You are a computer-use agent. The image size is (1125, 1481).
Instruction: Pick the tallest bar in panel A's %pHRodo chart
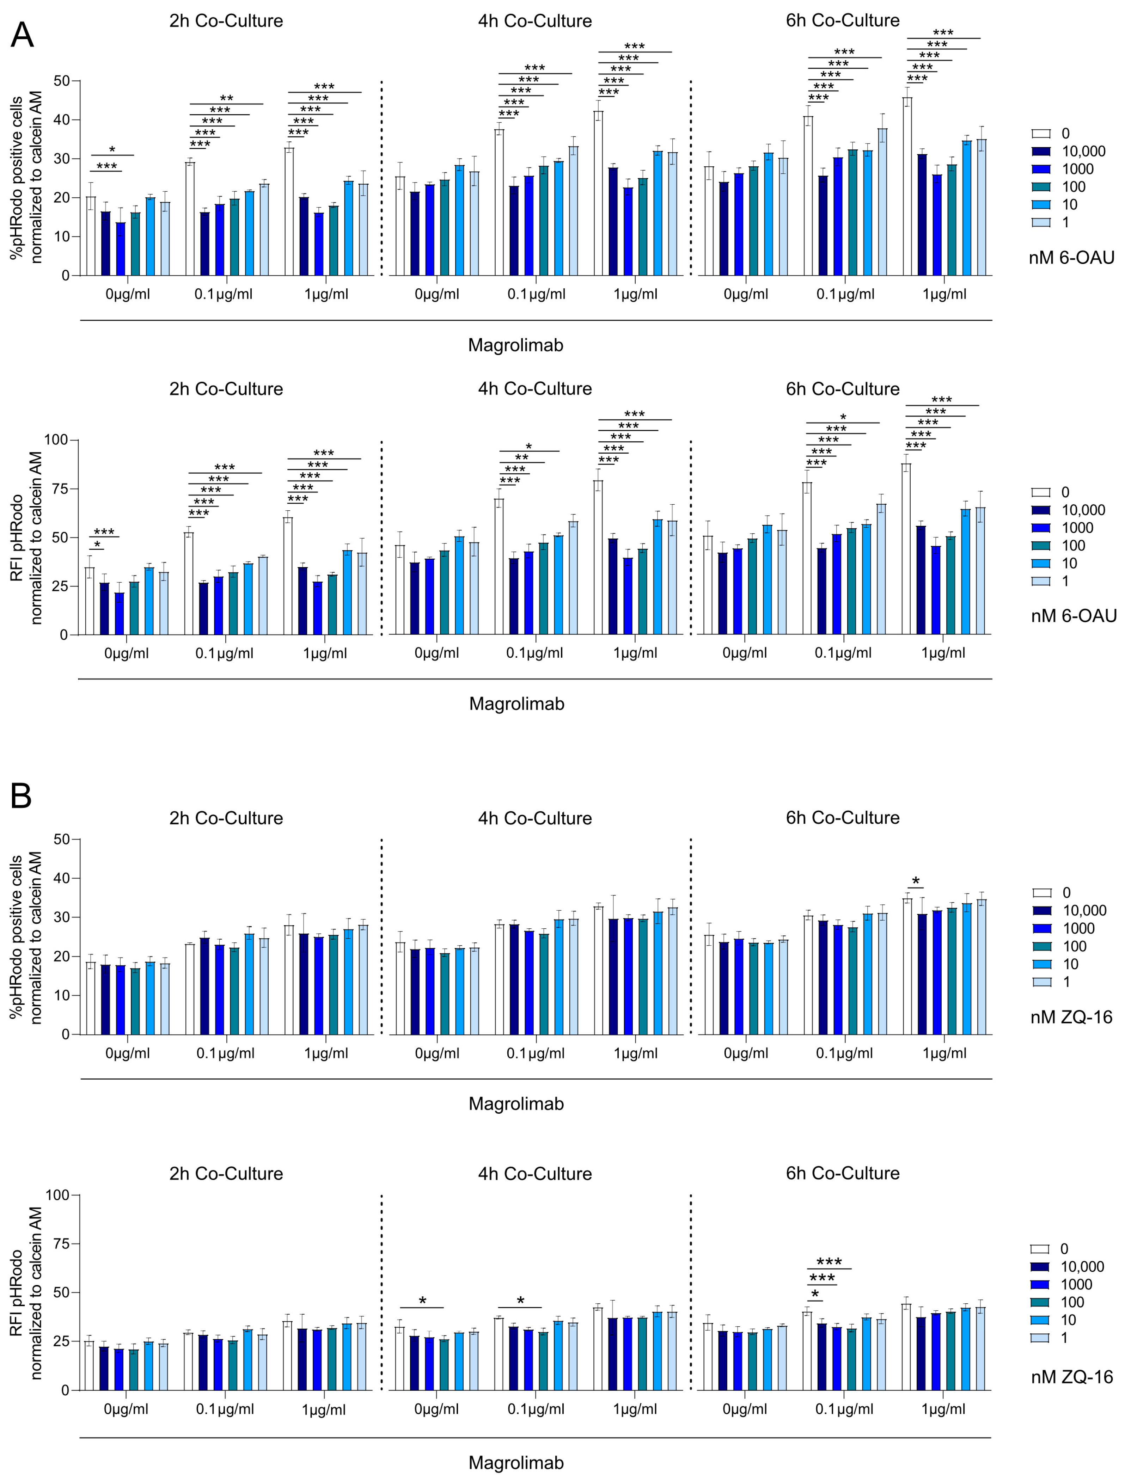pyautogui.click(x=907, y=186)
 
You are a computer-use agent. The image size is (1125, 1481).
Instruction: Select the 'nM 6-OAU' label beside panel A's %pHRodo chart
pyautogui.click(x=1071, y=258)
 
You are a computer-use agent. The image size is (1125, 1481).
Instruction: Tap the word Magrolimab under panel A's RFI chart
pyautogui.click(x=516, y=704)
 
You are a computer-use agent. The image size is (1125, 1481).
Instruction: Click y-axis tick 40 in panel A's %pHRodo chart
pyautogui.click(x=62, y=120)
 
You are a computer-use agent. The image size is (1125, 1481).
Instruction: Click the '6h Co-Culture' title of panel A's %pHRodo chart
pyautogui.click(x=842, y=21)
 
